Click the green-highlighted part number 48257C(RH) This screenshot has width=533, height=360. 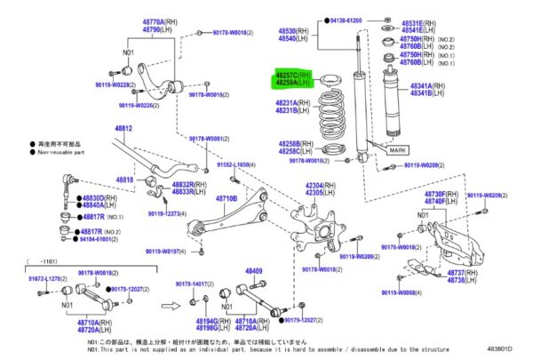[292, 77]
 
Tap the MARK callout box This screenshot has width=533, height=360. [396, 150]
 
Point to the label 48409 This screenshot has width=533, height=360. [254, 270]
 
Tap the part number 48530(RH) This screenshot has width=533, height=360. [293, 30]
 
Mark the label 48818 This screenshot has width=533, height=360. [124, 180]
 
